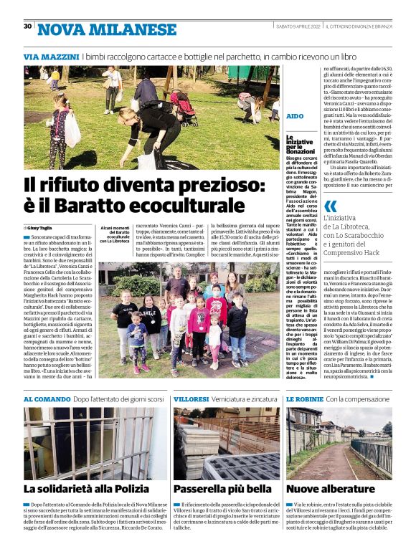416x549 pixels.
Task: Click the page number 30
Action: click(27, 27)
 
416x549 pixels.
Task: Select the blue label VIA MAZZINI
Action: click(51, 56)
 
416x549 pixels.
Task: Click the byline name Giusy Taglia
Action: click(42, 227)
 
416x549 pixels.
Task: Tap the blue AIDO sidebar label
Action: click(294, 115)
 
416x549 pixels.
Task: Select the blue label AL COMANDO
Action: click(47, 398)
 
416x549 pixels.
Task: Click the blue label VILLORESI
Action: click(191, 398)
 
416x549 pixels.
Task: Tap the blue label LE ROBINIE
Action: click(304, 398)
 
